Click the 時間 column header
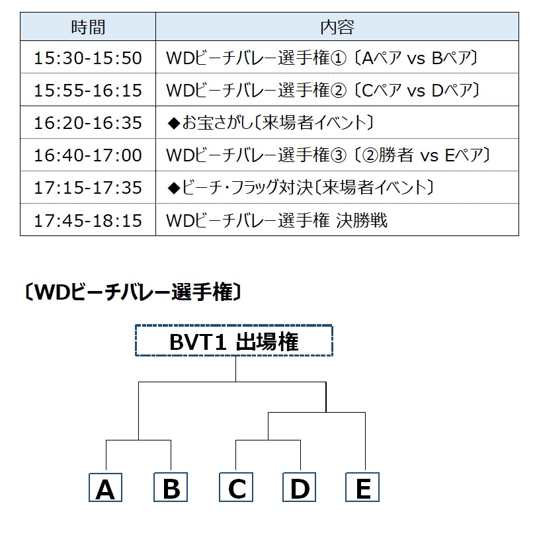pyautogui.click(x=88, y=27)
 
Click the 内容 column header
pyautogui.click(x=337, y=27)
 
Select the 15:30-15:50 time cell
pyautogui.click(x=88, y=58)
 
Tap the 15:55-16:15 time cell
pyautogui.click(x=88, y=90)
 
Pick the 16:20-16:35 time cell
pyautogui.click(x=88, y=122)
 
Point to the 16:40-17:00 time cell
pyautogui.click(x=88, y=155)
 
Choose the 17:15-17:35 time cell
pyautogui.click(x=88, y=187)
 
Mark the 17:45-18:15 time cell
pyautogui.click(x=88, y=220)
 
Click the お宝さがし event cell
pyautogui.click(x=337, y=122)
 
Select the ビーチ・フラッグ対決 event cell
pyautogui.click(x=337, y=187)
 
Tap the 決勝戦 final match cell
pyautogui.click(x=337, y=220)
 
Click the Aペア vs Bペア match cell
pyautogui.click(x=337, y=58)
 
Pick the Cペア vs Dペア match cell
pyautogui.click(x=337, y=90)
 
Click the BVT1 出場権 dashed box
pyautogui.click(x=234, y=341)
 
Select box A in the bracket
pyautogui.click(x=105, y=487)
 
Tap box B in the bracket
pyautogui.click(x=171, y=487)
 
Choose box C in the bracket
pyautogui.click(x=236, y=487)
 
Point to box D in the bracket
pyautogui.click(x=299, y=487)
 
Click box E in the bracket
pyautogui.click(x=362, y=487)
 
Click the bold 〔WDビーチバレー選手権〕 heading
pyautogui.click(x=133, y=292)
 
